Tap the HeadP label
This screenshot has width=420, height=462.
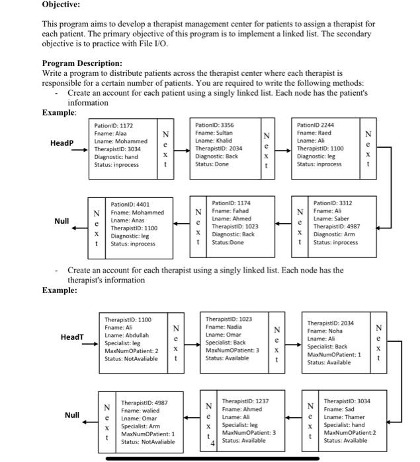click(62, 143)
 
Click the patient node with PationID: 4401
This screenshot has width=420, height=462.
click(137, 224)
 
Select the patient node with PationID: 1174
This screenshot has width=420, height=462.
click(236, 224)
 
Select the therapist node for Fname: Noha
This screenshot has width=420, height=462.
click(335, 343)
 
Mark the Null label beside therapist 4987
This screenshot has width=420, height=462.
click(72, 416)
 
